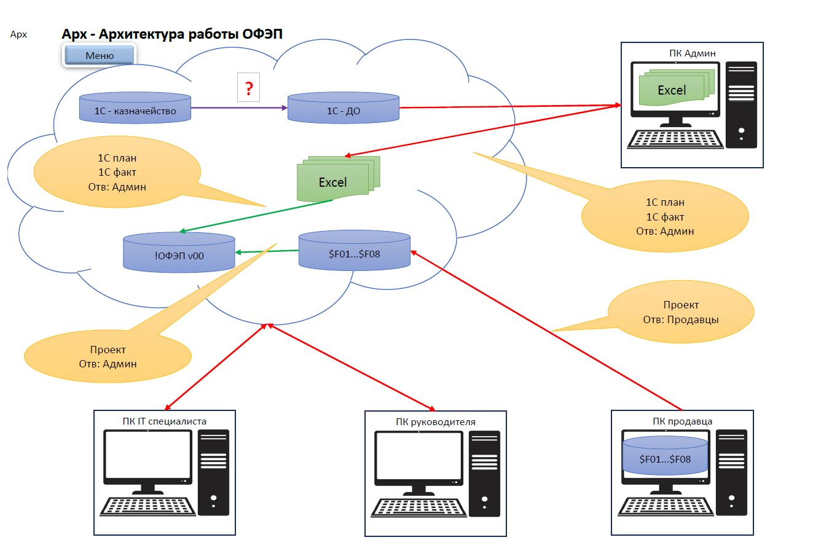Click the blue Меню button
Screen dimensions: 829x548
(99, 55)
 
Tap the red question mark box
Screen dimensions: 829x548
(248, 87)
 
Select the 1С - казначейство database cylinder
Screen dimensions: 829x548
(135, 108)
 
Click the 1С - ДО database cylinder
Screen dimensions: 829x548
(344, 108)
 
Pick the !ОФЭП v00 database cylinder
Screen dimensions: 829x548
(179, 252)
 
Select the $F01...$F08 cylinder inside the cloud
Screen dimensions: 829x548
(355, 251)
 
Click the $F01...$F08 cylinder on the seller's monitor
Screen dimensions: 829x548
(665, 455)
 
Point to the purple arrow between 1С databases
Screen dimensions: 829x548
(239, 108)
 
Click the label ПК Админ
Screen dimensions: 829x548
(692, 53)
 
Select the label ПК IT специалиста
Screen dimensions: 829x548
(164, 421)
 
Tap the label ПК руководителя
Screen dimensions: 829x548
(436, 422)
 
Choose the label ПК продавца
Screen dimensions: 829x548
(683, 421)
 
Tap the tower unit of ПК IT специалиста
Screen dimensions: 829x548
(213, 472)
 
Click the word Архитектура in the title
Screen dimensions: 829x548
(141, 34)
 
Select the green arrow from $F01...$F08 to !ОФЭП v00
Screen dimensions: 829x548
(267, 252)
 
